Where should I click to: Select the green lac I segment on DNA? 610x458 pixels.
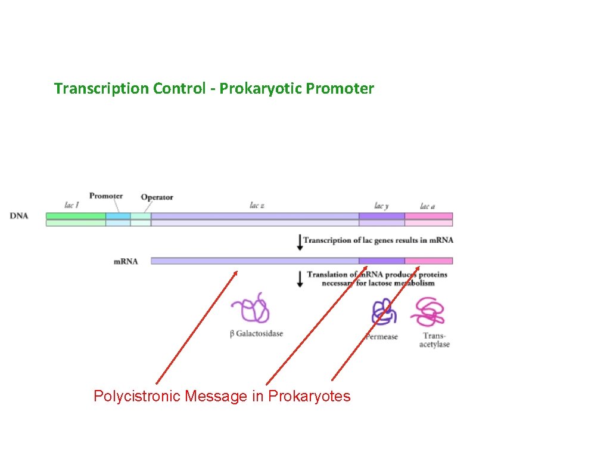pos(76,216)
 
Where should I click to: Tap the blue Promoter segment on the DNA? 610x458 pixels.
pos(118,216)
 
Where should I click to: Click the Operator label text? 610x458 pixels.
pos(157,197)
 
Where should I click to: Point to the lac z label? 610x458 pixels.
pos(257,205)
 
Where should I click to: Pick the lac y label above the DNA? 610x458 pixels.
pos(381,206)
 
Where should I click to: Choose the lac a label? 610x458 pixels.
pos(427,206)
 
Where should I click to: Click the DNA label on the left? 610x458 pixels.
pos(19,216)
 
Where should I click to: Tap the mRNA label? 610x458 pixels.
pos(126,261)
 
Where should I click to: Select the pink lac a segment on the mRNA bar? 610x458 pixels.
pos(428,261)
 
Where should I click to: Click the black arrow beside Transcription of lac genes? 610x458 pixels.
pos(300,242)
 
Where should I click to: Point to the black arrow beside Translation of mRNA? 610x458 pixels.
pos(300,278)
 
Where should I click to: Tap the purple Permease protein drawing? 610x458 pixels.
pos(382,312)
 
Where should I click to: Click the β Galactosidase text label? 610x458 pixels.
pos(256,334)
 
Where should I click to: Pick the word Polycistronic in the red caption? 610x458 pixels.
pos(137,396)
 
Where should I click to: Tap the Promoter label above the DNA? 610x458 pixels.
pos(106,196)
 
